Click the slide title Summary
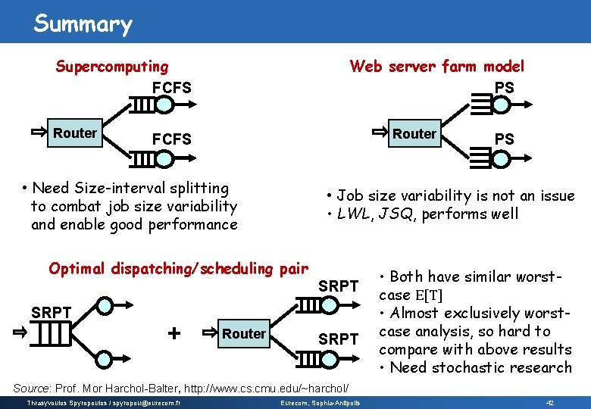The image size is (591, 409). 83,23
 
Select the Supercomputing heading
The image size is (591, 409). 112,67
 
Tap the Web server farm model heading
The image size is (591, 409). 436,67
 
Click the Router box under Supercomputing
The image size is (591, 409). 75,133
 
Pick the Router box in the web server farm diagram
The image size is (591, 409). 414,134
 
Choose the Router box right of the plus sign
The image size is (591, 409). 243,333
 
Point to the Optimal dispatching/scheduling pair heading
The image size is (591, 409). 178,268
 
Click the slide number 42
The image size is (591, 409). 551,401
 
